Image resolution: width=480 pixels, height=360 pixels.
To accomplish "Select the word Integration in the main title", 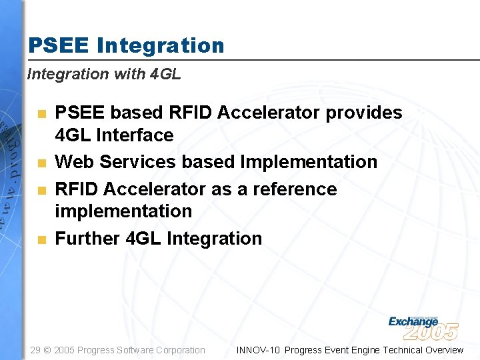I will click(x=161, y=46).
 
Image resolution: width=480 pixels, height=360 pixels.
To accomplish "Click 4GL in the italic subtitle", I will click(x=165, y=74).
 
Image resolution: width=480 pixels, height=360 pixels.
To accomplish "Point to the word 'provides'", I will click(x=363, y=113).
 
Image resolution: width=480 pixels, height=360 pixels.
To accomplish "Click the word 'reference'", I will click(x=294, y=189).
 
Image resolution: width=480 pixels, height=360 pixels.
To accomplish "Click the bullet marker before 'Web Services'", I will click(x=41, y=163).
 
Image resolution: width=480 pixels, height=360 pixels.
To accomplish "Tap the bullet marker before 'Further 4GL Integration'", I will click(x=41, y=239).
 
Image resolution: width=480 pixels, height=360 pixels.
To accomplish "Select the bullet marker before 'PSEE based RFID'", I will click(x=41, y=113).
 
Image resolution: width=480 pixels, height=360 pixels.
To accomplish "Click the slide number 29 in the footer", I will click(x=36, y=350).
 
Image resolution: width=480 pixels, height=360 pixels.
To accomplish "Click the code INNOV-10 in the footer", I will click(x=258, y=350).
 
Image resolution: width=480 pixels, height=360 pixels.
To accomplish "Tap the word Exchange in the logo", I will click(x=413, y=321).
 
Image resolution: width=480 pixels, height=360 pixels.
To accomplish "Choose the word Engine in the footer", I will click(x=361, y=350).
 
